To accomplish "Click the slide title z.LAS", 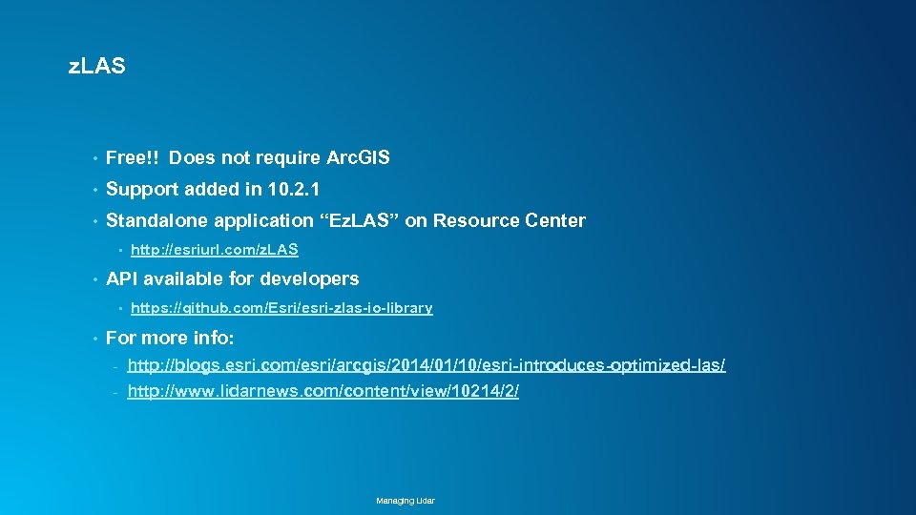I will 97,67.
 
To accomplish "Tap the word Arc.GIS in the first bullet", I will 358,157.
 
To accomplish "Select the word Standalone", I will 156,220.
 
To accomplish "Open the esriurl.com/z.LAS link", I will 214,250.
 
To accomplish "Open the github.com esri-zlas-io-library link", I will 281,308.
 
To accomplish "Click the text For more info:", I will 170,338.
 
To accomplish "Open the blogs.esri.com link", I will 427,365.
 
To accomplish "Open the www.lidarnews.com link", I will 323,392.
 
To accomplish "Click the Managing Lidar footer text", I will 406,501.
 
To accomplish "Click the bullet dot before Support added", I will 94,190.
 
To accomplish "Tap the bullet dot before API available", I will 94,279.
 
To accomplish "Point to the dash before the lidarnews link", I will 114,393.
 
